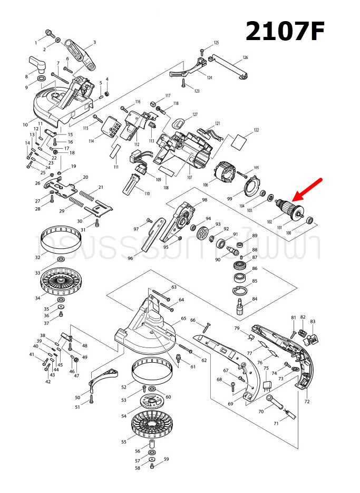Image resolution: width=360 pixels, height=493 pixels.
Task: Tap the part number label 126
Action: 245,57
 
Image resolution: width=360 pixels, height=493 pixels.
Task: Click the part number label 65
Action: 183,318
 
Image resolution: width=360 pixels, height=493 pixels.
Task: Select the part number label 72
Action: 307,401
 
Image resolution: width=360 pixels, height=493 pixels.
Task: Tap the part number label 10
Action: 25,124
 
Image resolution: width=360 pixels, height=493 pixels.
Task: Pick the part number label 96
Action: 130,258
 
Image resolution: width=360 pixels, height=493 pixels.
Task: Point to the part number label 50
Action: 77,397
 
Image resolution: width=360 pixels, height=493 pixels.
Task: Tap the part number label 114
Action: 91,141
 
